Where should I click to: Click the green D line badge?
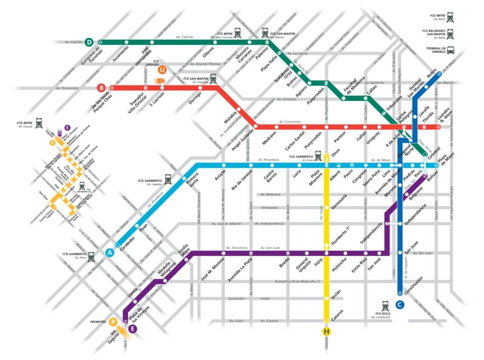coord(90,42)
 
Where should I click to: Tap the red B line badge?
coord(101,87)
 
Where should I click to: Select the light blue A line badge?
coord(110,253)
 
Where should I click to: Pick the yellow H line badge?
coord(326,331)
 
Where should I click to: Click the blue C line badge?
coord(400,305)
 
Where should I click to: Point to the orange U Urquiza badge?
coord(162,70)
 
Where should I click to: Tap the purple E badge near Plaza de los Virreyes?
coord(133,329)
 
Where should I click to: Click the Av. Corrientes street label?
coord(289,122)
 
